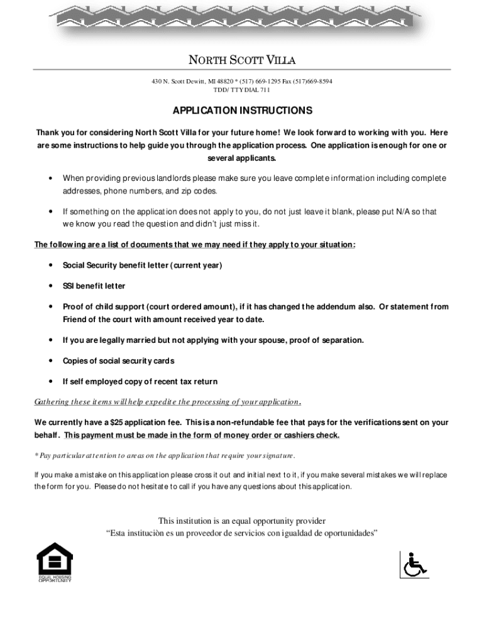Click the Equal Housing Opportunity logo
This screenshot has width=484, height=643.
click(55, 561)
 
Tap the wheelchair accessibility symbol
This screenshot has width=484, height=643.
click(414, 564)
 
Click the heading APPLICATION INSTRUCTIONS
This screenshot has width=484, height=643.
click(242, 111)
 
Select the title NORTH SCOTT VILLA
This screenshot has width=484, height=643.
click(242, 60)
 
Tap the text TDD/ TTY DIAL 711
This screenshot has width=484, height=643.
click(242, 90)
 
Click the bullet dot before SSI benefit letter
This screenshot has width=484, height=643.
click(50, 286)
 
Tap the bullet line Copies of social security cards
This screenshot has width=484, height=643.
click(118, 361)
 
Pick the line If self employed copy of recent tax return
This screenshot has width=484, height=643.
click(140, 382)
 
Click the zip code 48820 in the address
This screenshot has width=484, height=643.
click(226, 82)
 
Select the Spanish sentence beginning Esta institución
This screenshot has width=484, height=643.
click(242, 534)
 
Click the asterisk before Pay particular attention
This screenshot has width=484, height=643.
click(36, 455)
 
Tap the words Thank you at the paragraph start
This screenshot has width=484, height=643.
click(53, 132)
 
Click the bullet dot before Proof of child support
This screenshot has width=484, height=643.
click(50, 307)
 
